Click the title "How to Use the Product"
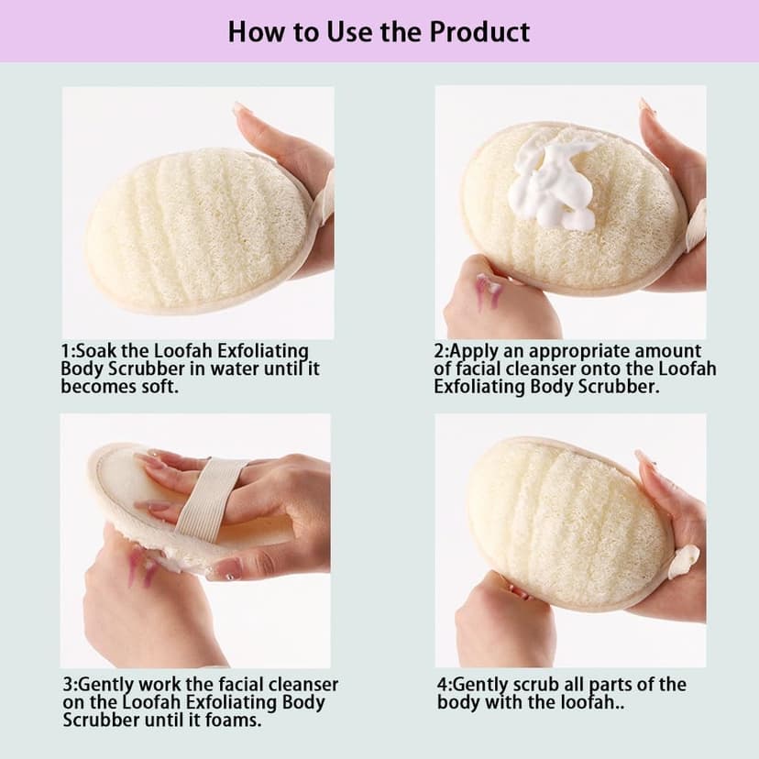pos(379,31)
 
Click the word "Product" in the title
pos(478,31)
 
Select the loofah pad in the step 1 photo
pos(197,229)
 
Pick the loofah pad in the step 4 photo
pos(568,522)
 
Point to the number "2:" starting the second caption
pos(441,351)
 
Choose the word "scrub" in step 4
pos(542,685)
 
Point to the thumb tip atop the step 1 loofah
pos(241,111)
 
